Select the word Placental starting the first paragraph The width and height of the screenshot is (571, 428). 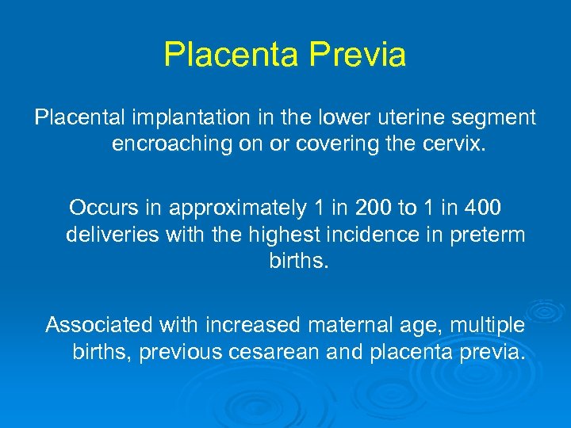(x=79, y=118)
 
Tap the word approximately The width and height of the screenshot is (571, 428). (x=238, y=208)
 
